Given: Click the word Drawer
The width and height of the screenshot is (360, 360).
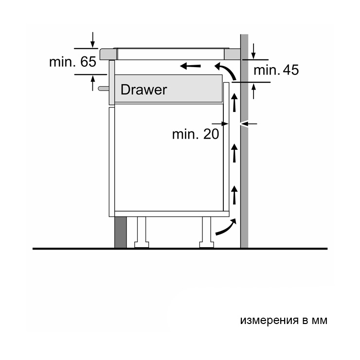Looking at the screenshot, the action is pyautogui.click(x=144, y=90).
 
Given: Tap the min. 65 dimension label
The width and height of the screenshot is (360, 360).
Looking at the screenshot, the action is pyautogui.click(x=72, y=62).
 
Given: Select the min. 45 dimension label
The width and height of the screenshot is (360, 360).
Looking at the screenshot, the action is pyautogui.click(x=276, y=70).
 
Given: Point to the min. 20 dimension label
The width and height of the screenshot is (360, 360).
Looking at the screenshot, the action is pyautogui.click(x=196, y=134).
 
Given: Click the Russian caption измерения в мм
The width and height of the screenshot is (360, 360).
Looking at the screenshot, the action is pyautogui.click(x=284, y=320).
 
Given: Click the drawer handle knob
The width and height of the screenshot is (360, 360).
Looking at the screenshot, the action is pyautogui.click(x=104, y=89).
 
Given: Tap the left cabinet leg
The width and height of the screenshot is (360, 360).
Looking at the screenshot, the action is pyautogui.click(x=142, y=232).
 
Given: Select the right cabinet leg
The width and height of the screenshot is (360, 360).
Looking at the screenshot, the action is pyautogui.click(x=206, y=232).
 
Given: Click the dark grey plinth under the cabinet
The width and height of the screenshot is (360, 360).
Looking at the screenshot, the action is pyautogui.click(x=120, y=232).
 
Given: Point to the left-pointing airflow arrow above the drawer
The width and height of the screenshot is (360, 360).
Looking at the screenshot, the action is pyautogui.click(x=190, y=66).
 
